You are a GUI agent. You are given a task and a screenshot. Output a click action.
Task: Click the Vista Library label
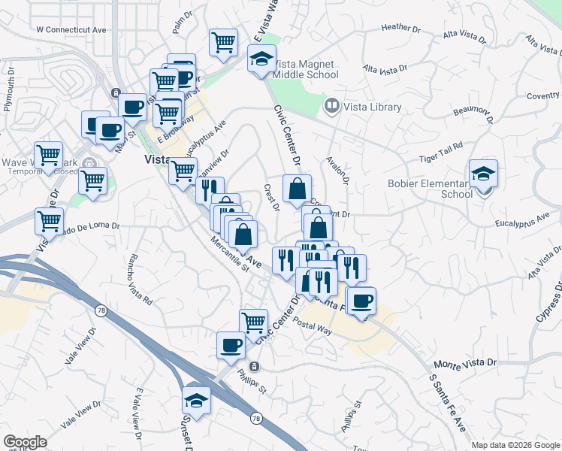coord(372,107)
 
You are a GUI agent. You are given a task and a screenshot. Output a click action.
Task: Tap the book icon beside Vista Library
coord(331,107)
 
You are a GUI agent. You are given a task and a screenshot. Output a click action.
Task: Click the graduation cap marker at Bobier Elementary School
coord(483,174)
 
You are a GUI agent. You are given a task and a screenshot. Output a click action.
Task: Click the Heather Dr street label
coord(400,28)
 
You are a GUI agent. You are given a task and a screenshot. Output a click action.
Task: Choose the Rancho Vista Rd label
coord(140,280)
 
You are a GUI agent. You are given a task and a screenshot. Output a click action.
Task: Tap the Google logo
coord(25,442)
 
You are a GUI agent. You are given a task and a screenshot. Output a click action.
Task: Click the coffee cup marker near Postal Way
coord(361,301)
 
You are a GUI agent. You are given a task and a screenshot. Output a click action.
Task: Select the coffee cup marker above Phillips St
coord(231,345)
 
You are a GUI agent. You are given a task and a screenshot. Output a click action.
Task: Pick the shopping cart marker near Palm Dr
coord(223,44)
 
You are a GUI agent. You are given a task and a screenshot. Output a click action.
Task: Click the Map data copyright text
coord(515,445)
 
